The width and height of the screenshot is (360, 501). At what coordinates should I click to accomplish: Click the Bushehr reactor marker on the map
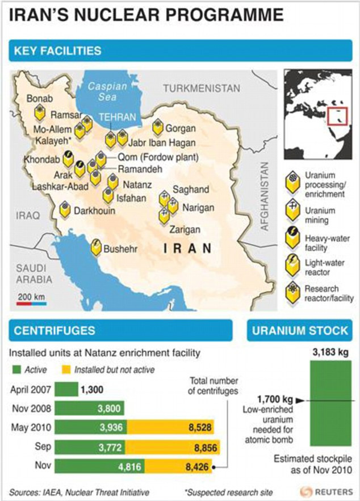pos(97,247)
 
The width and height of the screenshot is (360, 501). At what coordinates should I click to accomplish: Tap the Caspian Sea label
pos(103,91)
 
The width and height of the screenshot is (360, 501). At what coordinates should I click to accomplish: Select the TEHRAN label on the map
pos(118,117)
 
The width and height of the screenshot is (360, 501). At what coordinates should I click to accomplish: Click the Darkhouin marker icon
pos(66,210)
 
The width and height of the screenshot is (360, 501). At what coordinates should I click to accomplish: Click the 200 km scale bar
pos(31,304)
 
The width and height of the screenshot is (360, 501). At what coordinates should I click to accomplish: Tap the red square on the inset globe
pos(339,116)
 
